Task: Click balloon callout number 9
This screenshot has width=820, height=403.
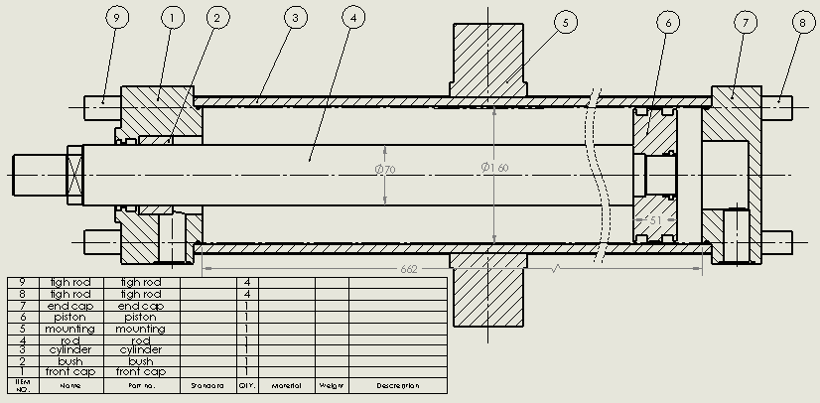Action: point(115,18)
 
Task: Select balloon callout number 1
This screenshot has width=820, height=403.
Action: point(171,18)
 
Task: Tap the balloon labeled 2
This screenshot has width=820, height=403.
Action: point(217,18)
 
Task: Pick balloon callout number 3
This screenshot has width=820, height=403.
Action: point(293,18)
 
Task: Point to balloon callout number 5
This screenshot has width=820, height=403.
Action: point(564,21)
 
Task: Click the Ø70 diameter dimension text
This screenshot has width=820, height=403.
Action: point(385,170)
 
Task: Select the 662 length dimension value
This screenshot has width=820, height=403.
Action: point(408,269)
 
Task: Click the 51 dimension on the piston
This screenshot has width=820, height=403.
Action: point(655,219)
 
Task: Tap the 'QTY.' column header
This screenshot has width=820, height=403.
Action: point(246,385)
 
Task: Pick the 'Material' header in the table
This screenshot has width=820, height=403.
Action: point(286,385)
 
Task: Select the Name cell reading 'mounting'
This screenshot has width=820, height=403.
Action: point(70,328)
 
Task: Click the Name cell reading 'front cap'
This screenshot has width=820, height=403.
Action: point(70,371)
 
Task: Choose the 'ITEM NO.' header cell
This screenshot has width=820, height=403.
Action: point(21,384)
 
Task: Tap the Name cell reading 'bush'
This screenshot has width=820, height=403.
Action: point(70,360)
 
